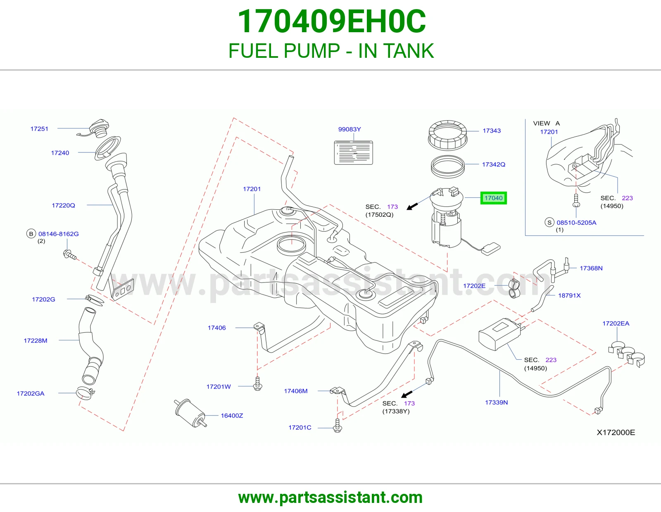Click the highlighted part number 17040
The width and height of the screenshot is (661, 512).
(x=493, y=198)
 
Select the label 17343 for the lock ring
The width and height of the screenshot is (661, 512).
(x=492, y=131)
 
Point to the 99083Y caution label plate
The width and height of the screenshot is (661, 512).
(x=354, y=153)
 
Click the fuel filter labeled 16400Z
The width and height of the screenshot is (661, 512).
(x=190, y=413)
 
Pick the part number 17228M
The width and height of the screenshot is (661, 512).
(x=36, y=341)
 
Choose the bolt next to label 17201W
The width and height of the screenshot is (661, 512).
(x=258, y=384)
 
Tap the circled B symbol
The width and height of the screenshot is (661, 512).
(x=31, y=234)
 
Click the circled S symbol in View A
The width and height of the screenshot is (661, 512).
(x=549, y=223)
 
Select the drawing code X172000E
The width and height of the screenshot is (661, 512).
(x=616, y=433)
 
